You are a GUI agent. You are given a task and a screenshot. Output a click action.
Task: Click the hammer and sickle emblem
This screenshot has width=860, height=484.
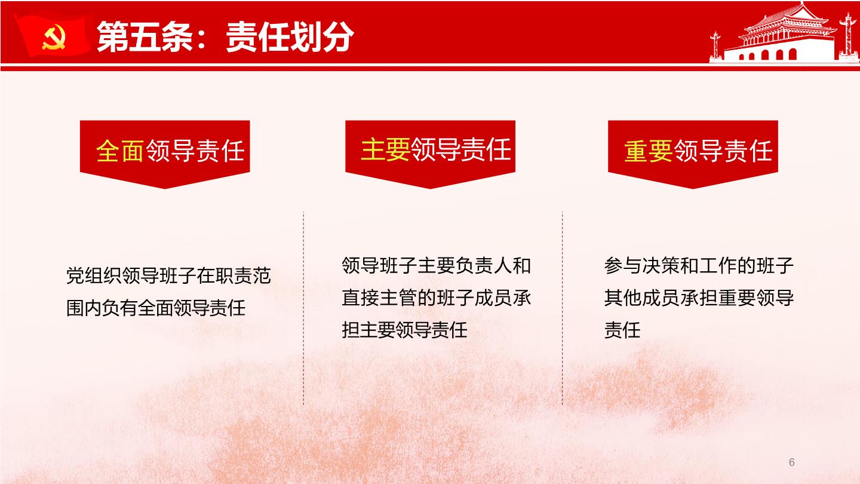(x=54, y=37)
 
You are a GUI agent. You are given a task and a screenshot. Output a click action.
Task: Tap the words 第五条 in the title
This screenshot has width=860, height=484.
(x=145, y=37)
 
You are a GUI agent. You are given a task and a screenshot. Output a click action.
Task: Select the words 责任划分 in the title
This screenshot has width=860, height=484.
(x=290, y=37)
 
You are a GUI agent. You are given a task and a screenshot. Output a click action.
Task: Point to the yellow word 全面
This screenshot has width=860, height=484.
(x=120, y=151)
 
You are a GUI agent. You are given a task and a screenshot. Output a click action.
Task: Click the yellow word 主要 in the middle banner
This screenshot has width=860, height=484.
(x=385, y=149)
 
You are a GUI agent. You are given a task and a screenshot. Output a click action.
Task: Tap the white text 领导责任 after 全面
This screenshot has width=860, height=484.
(x=195, y=151)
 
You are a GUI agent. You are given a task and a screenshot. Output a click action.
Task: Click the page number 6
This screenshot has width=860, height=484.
(x=791, y=462)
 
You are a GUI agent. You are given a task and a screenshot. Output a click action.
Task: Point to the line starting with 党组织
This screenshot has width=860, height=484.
(x=168, y=275)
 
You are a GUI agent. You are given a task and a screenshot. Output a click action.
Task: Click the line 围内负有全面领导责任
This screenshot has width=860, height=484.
(x=156, y=308)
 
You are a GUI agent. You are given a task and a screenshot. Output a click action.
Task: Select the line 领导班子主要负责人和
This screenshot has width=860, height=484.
(x=436, y=265)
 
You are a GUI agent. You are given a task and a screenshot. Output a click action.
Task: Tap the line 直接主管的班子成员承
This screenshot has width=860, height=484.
(x=436, y=298)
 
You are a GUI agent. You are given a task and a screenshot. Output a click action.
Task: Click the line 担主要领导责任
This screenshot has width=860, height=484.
(x=405, y=330)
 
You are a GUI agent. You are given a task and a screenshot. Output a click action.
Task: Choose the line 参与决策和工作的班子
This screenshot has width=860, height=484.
(x=699, y=265)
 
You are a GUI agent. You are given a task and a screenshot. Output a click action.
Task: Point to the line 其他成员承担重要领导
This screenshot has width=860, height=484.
(x=699, y=298)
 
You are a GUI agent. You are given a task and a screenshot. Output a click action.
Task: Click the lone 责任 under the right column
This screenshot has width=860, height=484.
(x=622, y=330)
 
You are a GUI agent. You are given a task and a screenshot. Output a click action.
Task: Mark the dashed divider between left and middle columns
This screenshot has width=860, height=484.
(x=303, y=308)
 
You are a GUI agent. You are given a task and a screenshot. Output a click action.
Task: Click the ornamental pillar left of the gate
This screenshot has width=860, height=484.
(x=715, y=46)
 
